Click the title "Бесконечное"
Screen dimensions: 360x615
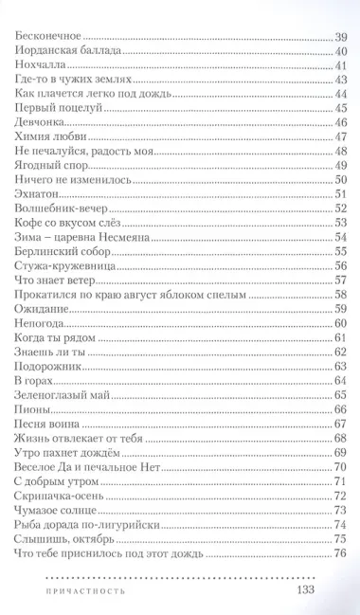click(52, 36)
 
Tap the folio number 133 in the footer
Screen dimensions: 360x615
click(312, 588)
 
